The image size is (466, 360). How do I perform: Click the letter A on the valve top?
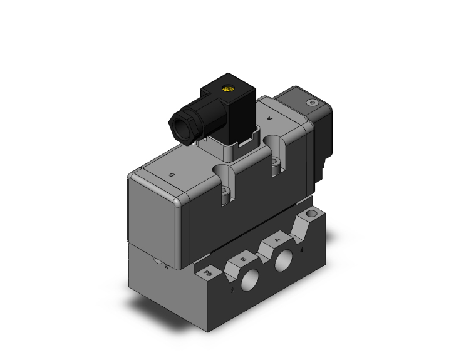tap(270, 118)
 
